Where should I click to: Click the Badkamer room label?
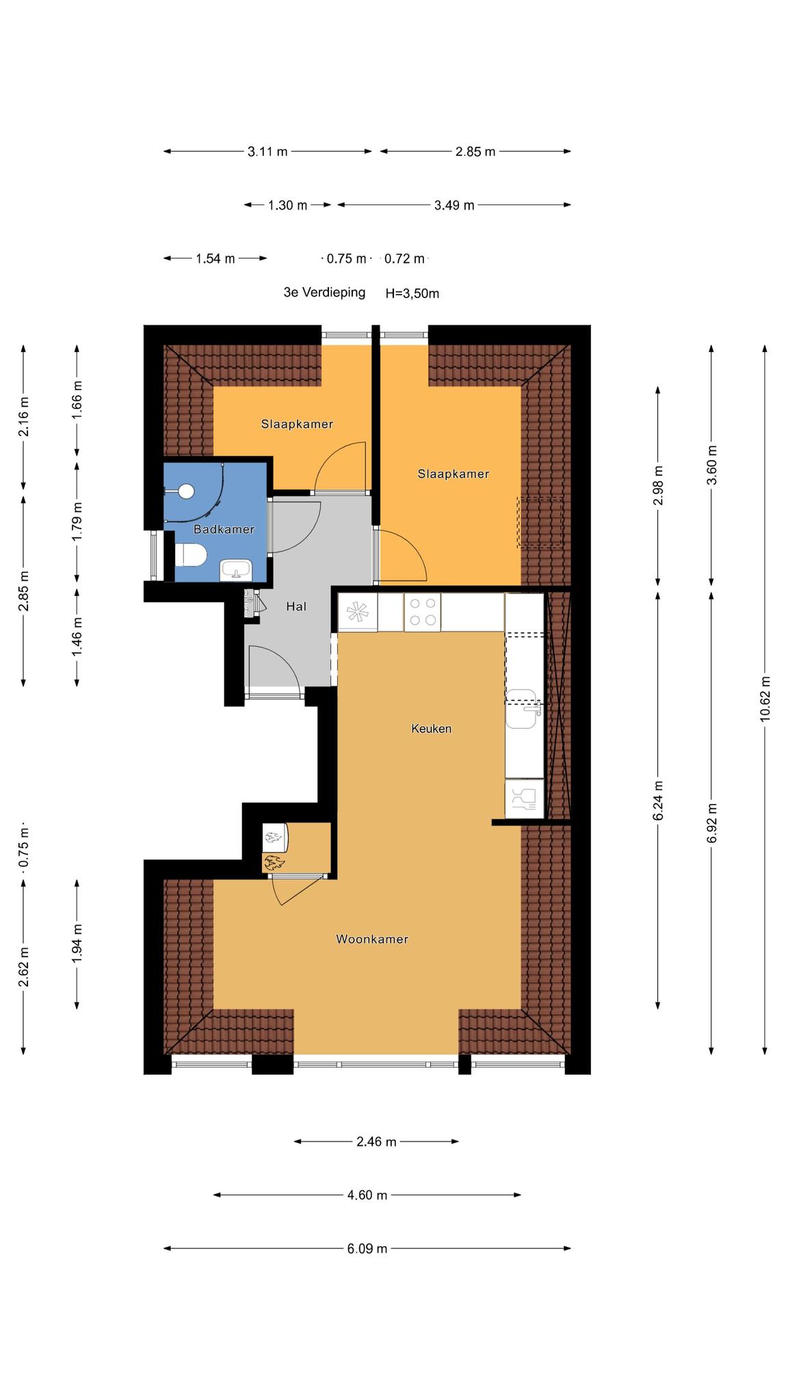click(224, 529)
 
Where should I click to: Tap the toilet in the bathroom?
click(190, 555)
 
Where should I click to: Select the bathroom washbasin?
click(236, 570)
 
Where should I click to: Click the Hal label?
click(296, 606)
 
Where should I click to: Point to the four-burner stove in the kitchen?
click(422, 612)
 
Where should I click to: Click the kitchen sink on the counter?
click(524, 709)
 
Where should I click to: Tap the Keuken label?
click(431, 729)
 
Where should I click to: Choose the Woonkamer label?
click(372, 939)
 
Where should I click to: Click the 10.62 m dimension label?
click(765, 698)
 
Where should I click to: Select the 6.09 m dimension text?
click(367, 1249)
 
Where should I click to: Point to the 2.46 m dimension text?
click(376, 1142)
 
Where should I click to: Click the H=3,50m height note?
click(412, 294)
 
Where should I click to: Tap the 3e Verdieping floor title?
click(324, 293)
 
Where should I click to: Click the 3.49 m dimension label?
click(454, 205)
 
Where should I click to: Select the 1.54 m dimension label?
click(215, 258)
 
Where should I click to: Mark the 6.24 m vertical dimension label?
click(658, 800)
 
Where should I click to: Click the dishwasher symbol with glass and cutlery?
click(524, 798)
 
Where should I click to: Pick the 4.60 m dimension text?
click(367, 1195)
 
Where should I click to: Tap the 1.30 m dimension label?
click(287, 205)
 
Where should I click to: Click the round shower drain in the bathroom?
click(185, 491)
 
